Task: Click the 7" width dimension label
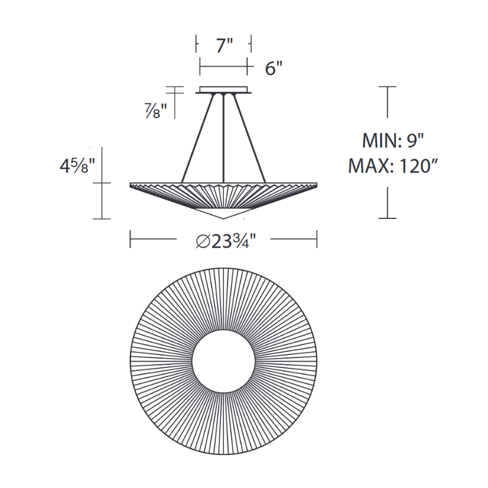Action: pos(224,45)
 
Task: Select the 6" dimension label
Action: pos(274,68)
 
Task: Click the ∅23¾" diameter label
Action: pos(224,241)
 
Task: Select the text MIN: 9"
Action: pos(393,141)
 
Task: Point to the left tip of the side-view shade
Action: pos(131,185)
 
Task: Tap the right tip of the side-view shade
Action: pos(317,185)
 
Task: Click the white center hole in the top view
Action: pos(224,364)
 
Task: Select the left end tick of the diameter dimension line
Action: pos(130,239)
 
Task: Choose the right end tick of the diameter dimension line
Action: pos(317,239)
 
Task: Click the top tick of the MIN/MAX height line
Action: pos(387,87)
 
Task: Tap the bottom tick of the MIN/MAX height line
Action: pos(387,218)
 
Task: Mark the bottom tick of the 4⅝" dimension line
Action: pos(101,218)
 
